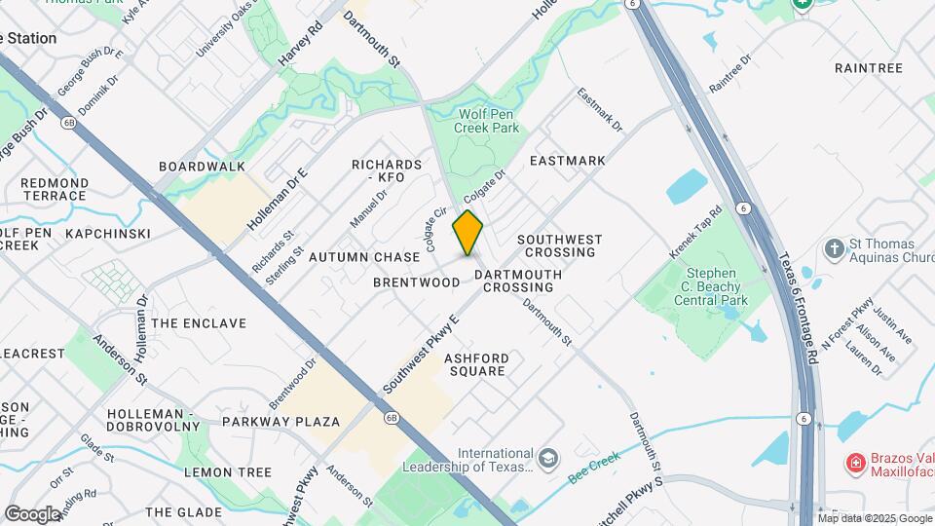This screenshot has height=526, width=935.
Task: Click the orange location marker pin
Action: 467,232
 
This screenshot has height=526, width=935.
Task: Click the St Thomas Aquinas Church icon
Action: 834,247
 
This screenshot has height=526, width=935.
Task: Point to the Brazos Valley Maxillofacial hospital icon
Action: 855,461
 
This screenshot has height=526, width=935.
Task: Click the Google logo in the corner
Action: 32,513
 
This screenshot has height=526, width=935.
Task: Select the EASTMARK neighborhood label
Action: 567,161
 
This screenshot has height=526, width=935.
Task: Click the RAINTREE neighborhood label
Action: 869,68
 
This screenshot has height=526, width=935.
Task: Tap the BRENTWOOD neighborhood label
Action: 416,282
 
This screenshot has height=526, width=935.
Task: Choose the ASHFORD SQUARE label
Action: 475,364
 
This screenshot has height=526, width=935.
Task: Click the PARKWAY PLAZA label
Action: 280,422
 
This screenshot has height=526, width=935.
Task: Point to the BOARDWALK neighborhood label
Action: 202,167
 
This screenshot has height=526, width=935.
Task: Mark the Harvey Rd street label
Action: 299,46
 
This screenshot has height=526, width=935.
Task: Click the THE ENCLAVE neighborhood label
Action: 199,323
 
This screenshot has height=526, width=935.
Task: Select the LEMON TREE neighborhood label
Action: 228,472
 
